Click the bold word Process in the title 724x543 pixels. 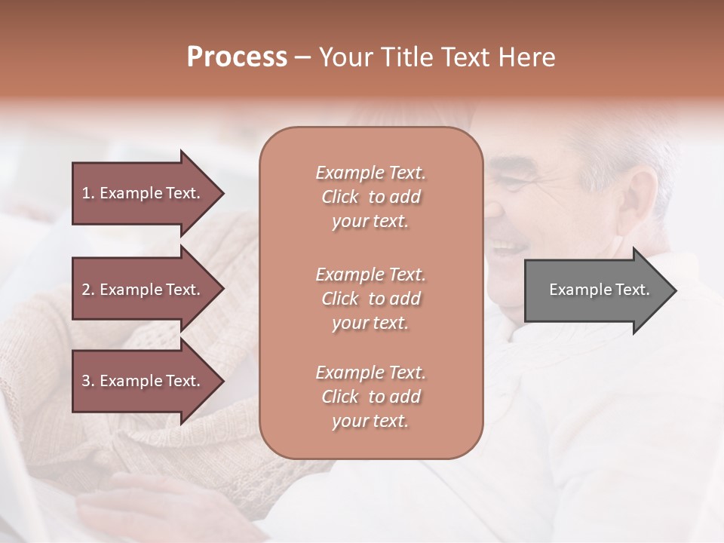pyautogui.click(x=237, y=57)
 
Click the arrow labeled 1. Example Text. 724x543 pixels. pyautogui.click(x=143, y=193)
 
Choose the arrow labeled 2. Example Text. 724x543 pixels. pyautogui.click(x=143, y=290)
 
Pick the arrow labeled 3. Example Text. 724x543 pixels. pyautogui.click(x=143, y=381)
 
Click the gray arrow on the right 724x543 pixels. pyautogui.click(x=596, y=290)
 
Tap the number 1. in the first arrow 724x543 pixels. pyautogui.click(x=88, y=193)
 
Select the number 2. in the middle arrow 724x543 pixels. pyautogui.click(x=88, y=290)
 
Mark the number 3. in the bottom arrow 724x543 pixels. pyautogui.click(x=88, y=381)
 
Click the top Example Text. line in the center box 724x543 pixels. pyautogui.click(x=370, y=173)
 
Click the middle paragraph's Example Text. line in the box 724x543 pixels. pyautogui.click(x=370, y=275)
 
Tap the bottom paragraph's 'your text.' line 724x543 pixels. pyautogui.click(x=370, y=422)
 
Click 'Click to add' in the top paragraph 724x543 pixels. pyautogui.click(x=370, y=197)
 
